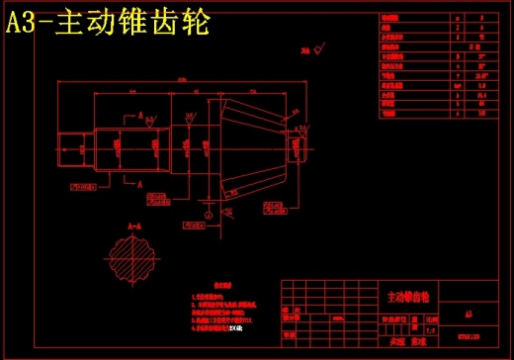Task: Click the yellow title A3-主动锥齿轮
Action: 108,21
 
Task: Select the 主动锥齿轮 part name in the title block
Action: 407,296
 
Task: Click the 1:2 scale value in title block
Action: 431,329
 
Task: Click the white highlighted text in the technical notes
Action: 234,327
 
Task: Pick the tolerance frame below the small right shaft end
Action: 277,207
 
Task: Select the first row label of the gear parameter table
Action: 394,18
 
